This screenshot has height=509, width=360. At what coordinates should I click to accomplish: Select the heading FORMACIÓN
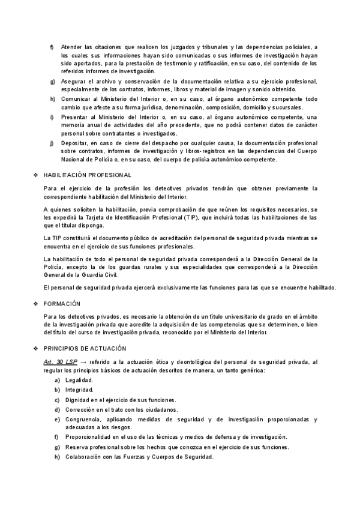63,304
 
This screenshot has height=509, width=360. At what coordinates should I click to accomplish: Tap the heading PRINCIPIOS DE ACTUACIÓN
85,348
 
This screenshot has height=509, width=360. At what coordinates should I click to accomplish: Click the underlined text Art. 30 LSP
61,363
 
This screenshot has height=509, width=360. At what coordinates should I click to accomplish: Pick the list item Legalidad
79,381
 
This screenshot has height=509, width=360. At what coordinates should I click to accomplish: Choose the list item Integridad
79,390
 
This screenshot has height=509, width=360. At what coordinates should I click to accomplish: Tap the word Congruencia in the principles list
82,419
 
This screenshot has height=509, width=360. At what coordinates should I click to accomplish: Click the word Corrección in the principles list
80,409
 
